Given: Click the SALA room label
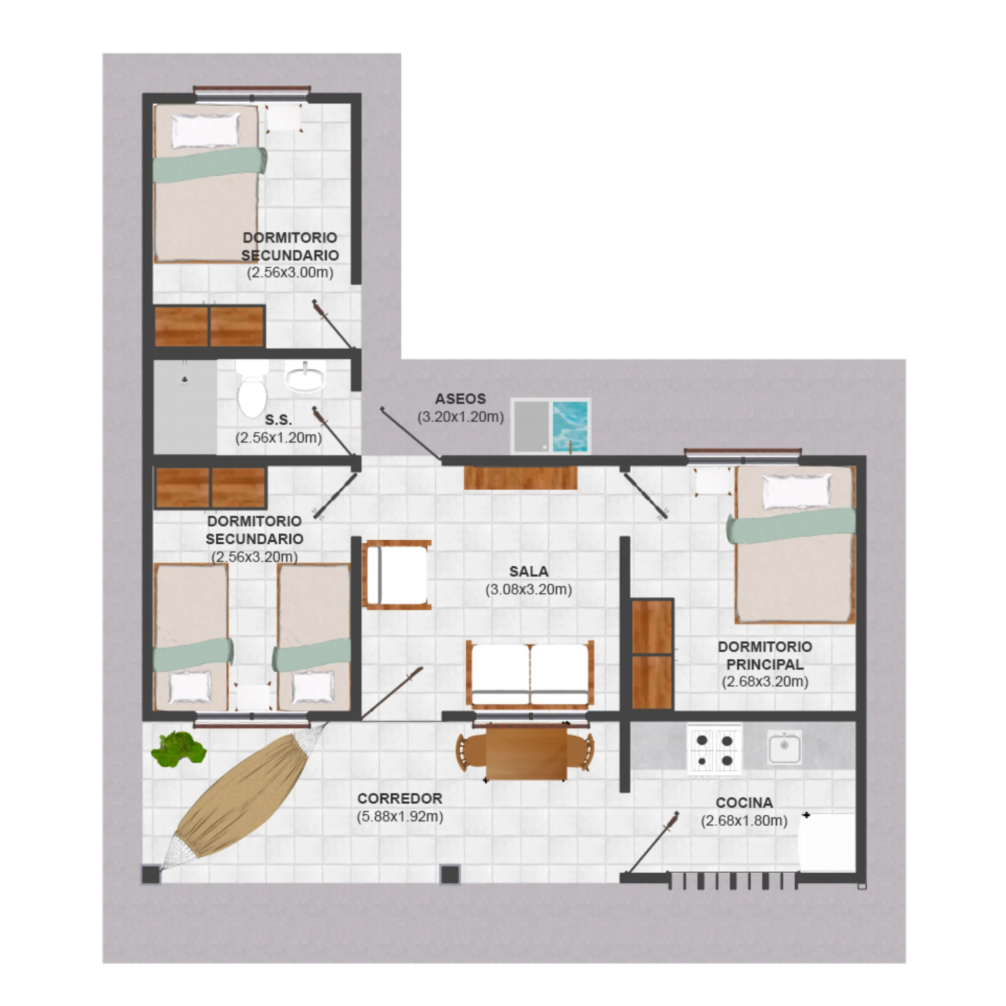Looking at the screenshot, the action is coord(529,571).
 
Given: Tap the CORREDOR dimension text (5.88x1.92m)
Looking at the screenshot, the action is coord(400,816).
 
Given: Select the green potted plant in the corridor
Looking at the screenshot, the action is coord(179,749).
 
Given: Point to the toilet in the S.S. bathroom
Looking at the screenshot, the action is coord(252,389).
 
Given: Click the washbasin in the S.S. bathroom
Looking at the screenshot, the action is coord(305,376).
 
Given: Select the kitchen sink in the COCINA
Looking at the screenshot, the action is coord(784,747).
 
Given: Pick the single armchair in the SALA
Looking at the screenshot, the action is coord(397,574).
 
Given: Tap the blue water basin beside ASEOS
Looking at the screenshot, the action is coord(570,426).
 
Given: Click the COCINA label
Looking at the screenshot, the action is coord(744,803).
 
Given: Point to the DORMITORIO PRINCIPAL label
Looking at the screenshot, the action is coord(765,655).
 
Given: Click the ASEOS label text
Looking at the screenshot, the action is coord(460,399).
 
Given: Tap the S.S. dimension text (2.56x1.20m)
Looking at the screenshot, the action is coord(279,438).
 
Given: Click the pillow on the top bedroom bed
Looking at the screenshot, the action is coord(206,130).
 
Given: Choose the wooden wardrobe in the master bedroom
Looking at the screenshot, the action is coord(652,654).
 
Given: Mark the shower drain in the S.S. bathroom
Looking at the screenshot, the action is coord(185,379).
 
